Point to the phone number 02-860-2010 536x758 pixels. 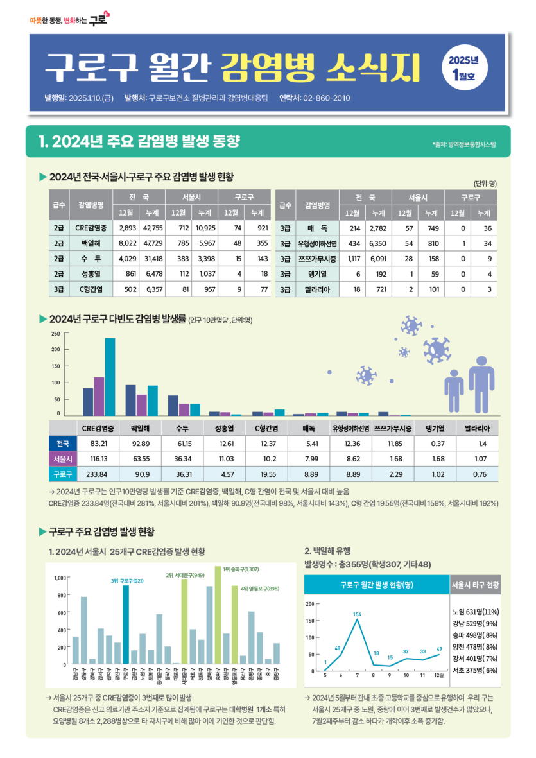pyautogui.click(x=327, y=98)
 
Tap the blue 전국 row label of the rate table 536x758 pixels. pyautogui.click(x=62, y=444)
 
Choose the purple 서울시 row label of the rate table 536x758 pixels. pyautogui.click(x=62, y=459)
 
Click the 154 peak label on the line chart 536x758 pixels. pyautogui.click(x=358, y=615)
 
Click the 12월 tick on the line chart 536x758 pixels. pyautogui.click(x=438, y=676)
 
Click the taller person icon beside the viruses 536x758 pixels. pyautogui.click(x=480, y=390)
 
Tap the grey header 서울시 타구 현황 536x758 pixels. pyautogui.click(x=476, y=585)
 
